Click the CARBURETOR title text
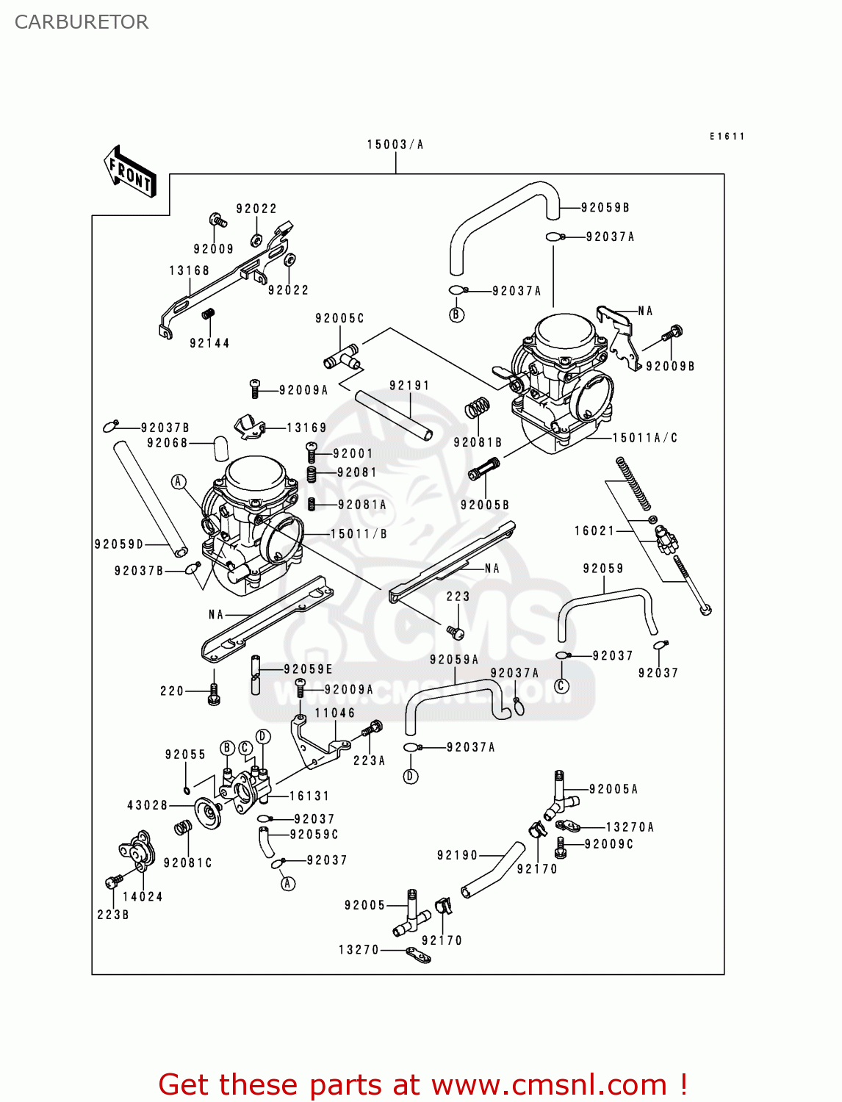(82, 22)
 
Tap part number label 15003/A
(395, 145)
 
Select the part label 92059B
(605, 208)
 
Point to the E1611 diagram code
(727, 137)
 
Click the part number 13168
(190, 270)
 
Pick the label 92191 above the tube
(409, 386)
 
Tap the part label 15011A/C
(645, 438)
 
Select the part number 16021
(594, 530)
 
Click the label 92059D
(119, 544)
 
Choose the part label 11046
(335, 713)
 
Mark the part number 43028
(148, 805)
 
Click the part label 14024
(143, 896)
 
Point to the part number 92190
(457, 855)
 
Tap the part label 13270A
(630, 827)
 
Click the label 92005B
(485, 505)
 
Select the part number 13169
(306, 428)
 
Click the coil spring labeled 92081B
(478, 408)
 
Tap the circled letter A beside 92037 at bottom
(288, 883)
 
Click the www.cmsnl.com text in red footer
(549, 1085)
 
